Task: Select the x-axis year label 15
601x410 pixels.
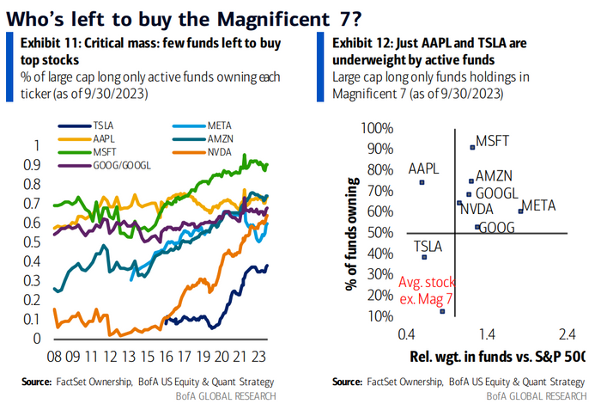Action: (151, 355)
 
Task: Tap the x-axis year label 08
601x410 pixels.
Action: (55, 355)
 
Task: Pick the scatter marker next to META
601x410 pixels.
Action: (520, 211)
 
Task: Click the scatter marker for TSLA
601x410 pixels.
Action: (424, 256)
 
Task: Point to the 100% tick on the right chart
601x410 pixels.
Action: (378, 128)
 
